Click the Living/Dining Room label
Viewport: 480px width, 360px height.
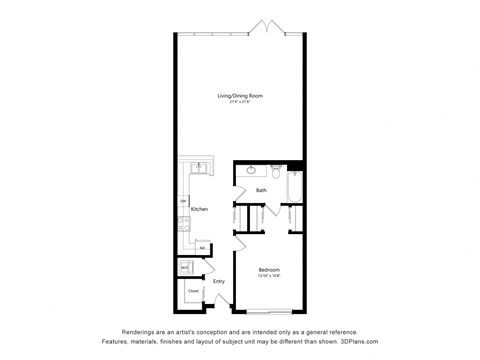(240, 95)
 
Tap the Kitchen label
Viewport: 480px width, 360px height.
(200, 209)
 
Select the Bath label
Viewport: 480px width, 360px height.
(261, 190)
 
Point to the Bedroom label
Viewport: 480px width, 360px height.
(268, 270)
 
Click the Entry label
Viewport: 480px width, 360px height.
(219, 282)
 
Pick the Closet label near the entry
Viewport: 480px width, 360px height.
(192, 291)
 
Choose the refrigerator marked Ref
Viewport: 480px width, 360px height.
(200, 247)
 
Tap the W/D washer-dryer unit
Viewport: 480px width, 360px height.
(186, 268)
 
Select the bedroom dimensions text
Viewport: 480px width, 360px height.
(268, 276)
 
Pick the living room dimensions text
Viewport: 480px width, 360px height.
(240, 101)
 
